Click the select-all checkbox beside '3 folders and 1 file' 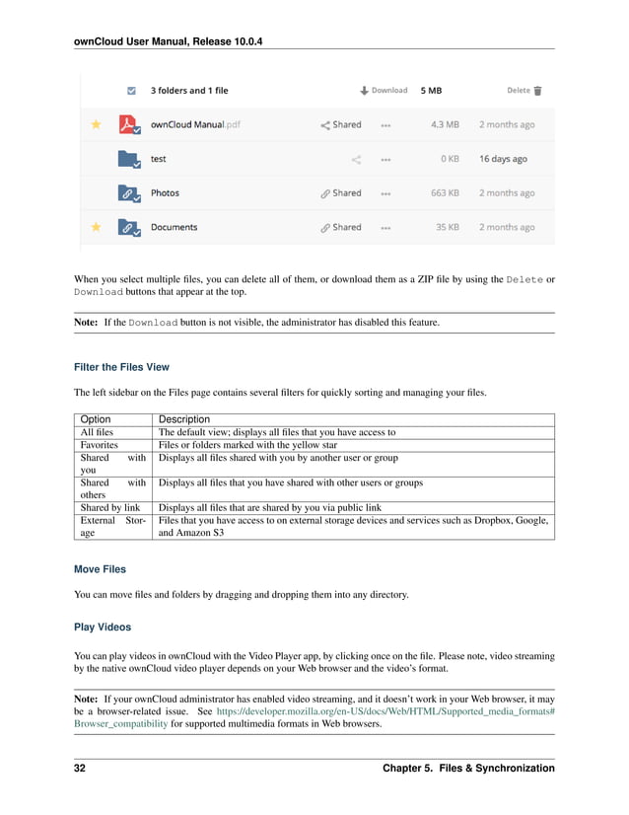click(132, 91)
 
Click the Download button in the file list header click(384, 91)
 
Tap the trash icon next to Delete click(537, 91)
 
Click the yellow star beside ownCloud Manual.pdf click(96, 125)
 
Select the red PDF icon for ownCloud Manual click(128, 125)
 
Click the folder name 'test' click(159, 159)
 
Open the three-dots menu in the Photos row click(385, 193)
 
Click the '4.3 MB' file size click(445, 125)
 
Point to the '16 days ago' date click(503, 159)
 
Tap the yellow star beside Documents click(96, 227)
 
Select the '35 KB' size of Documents click(448, 227)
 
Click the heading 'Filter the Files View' click(121, 367)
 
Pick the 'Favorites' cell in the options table click(100, 445)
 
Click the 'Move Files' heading click(100, 569)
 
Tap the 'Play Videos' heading click(103, 627)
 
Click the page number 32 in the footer click(80, 768)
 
